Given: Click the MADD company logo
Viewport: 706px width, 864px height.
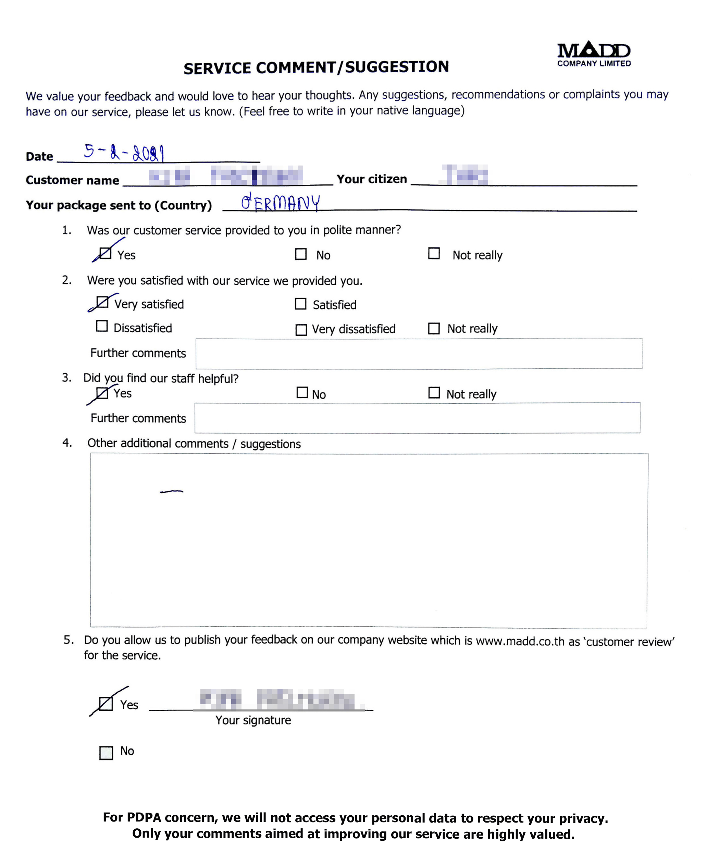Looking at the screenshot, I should coord(593,54).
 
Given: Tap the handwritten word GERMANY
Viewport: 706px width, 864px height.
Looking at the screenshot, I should coord(280,202).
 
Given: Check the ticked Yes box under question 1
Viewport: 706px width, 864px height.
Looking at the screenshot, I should coord(105,253).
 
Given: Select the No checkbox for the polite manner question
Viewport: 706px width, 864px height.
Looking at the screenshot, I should coord(300,254).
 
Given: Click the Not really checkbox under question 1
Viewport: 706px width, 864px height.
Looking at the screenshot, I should coord(434,253).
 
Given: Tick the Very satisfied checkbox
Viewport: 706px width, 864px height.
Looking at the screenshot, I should coord(102,302).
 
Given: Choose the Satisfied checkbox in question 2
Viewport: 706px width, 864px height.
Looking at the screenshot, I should coord(300,304).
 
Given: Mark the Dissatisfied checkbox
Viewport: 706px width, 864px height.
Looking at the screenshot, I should coord(102,326).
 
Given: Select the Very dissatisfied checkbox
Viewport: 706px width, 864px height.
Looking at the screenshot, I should coord(301,329).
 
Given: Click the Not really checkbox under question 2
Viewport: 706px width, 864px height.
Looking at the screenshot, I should coord(434,328).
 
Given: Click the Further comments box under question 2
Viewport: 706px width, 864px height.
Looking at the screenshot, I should coord(419,353).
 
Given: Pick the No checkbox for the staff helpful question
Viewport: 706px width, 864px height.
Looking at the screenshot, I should coord(302,392).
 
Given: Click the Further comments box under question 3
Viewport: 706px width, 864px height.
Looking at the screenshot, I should coord(417,418).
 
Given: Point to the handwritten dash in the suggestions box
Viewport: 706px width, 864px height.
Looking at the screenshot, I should coord(172,492).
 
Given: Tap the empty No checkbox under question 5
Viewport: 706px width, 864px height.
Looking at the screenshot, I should coord(106,753).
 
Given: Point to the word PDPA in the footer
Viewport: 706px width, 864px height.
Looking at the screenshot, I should coord(144,817).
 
